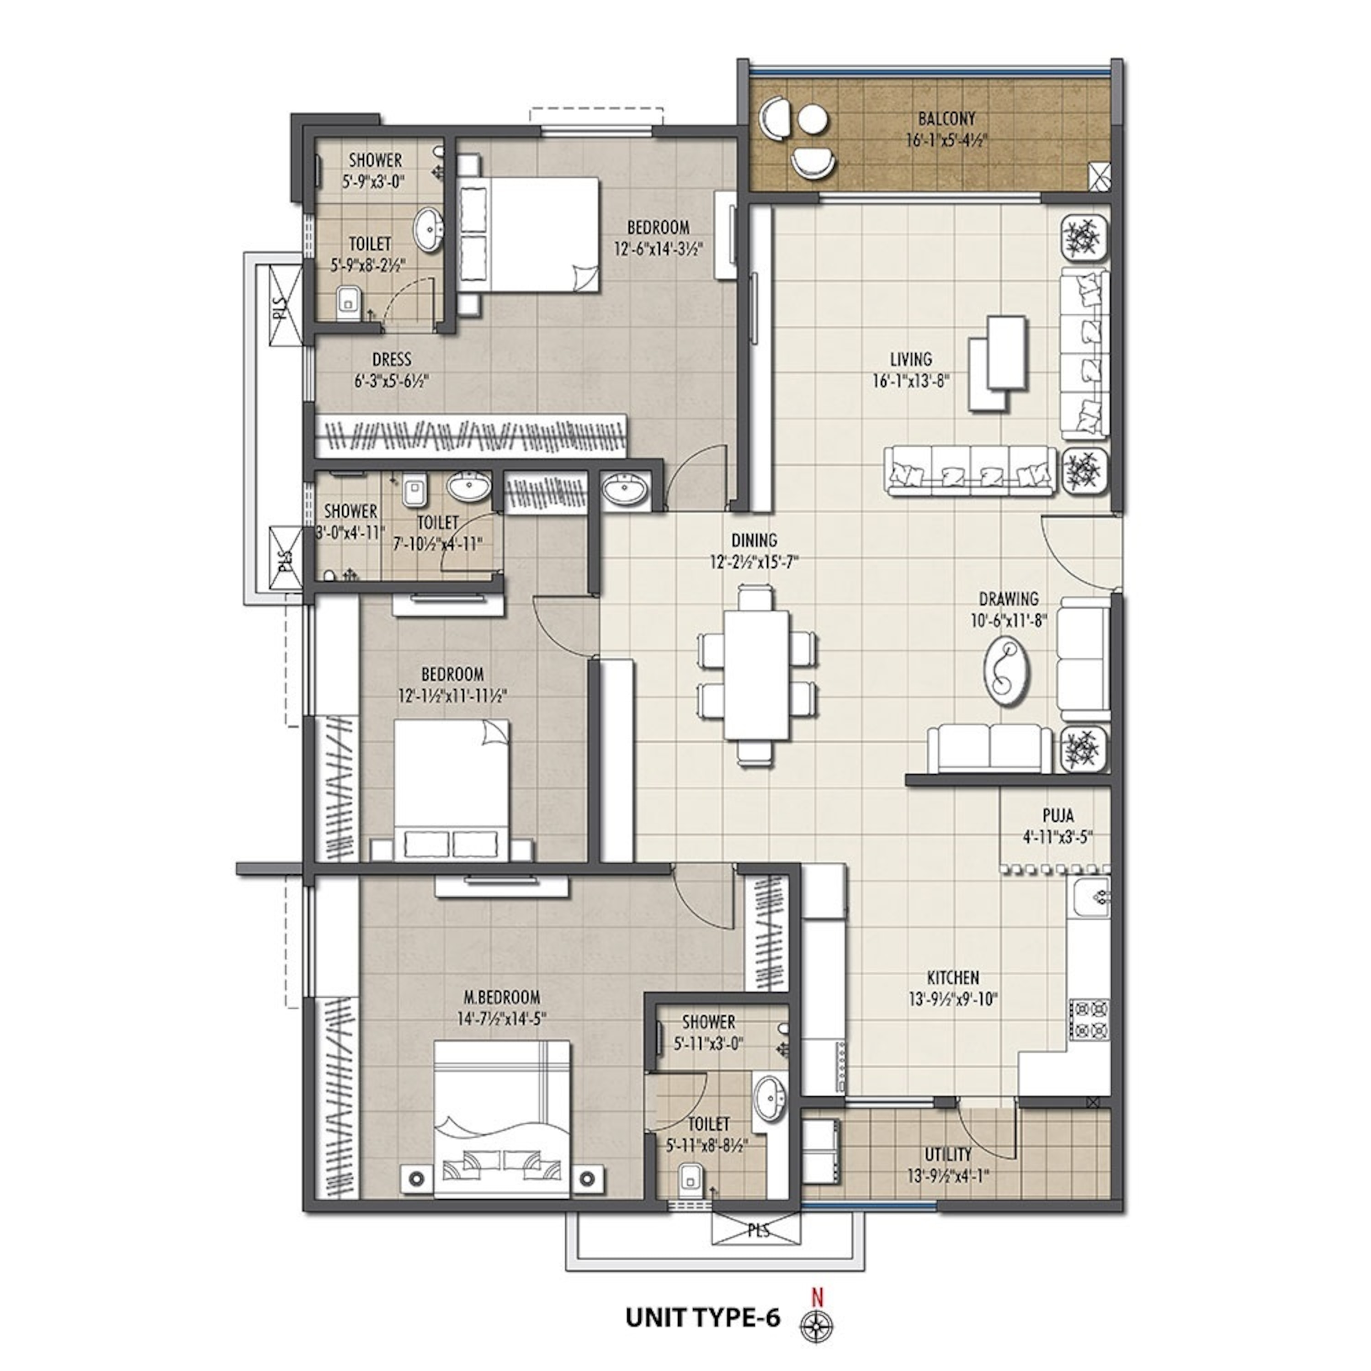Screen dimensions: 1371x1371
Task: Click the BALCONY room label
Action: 946,118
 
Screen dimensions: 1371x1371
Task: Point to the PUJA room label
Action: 1057,815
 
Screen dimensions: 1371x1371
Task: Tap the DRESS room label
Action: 392,360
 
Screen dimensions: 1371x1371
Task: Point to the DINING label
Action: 755,541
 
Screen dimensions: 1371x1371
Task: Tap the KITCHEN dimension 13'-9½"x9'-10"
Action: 953,1000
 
